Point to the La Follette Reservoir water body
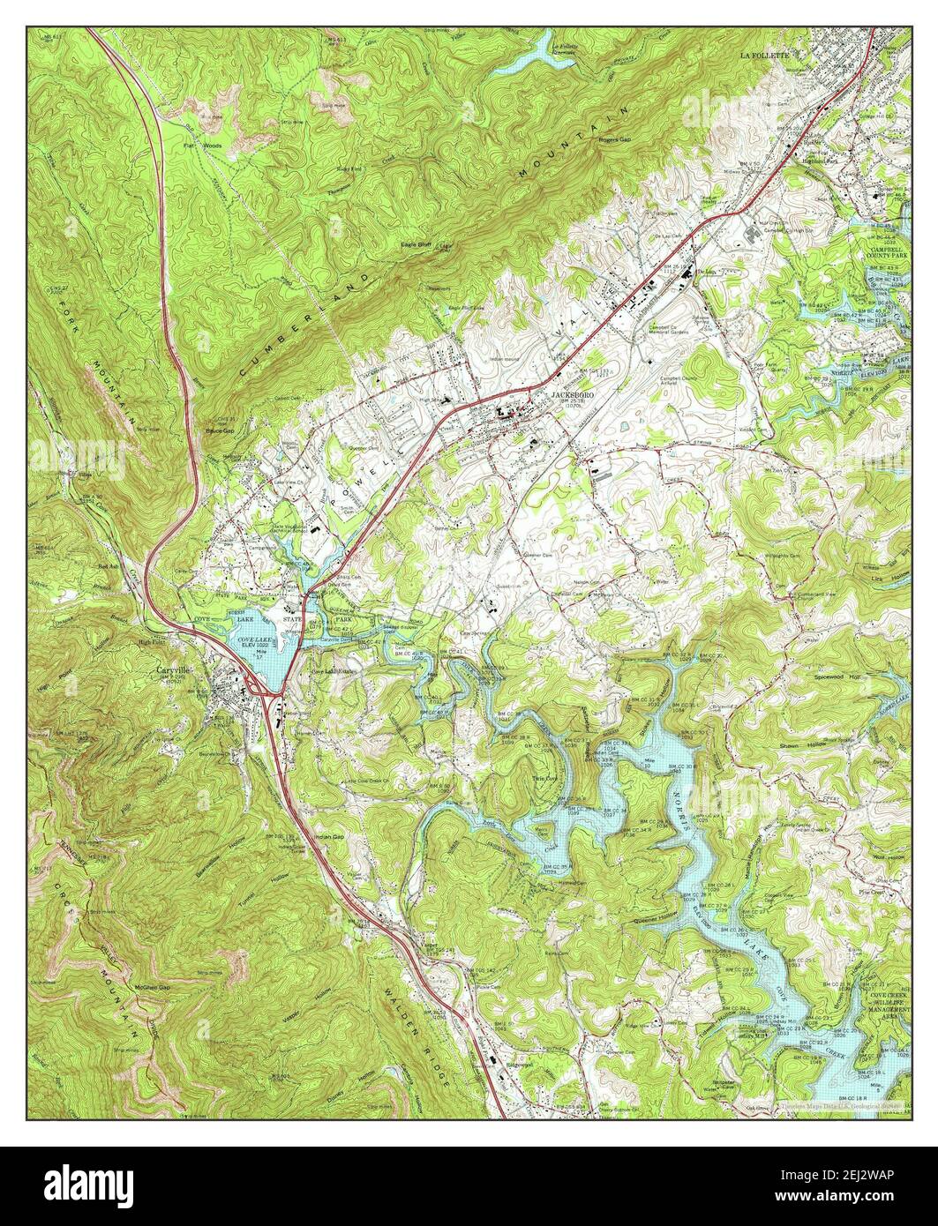coord(521,56)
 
